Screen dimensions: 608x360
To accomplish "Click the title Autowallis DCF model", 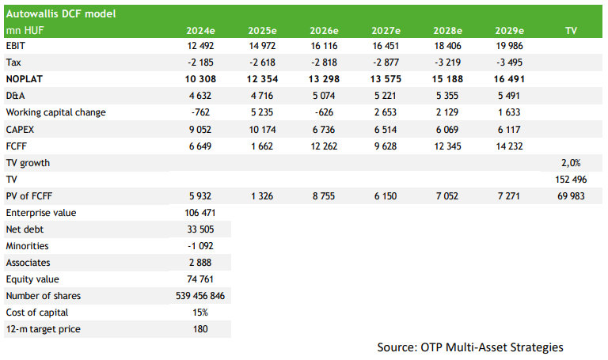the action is coord(61,14).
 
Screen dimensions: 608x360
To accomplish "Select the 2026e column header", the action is coord(324,31).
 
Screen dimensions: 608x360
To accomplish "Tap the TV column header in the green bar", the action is coord(571,31).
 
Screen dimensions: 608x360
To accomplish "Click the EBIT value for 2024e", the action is coord(200,46).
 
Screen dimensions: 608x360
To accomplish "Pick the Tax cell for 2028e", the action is coord(447,63).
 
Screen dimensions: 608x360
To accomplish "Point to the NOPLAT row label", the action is coord(24,79).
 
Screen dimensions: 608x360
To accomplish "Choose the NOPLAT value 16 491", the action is coord(509,79).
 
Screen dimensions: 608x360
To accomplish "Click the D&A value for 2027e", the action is coord(386,96).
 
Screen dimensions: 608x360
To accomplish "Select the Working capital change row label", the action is coord(56,112).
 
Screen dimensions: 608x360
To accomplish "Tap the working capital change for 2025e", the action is coord(262,112).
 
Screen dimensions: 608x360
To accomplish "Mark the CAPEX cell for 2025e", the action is coord(262,130).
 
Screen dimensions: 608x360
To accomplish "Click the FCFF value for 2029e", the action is coord(509,146).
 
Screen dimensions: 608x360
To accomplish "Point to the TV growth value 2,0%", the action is coord(571,163).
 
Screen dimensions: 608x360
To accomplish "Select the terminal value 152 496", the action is coord(571,180).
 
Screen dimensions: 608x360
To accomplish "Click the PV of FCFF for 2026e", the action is coord(324,196).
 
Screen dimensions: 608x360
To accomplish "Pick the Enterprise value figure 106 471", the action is coord(200,213).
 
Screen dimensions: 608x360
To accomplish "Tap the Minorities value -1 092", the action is coord(200,246).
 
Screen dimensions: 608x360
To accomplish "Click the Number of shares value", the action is coord(200,296).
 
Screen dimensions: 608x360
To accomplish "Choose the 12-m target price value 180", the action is coord(200,329).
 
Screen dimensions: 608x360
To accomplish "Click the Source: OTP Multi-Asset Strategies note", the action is coord(470,347).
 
